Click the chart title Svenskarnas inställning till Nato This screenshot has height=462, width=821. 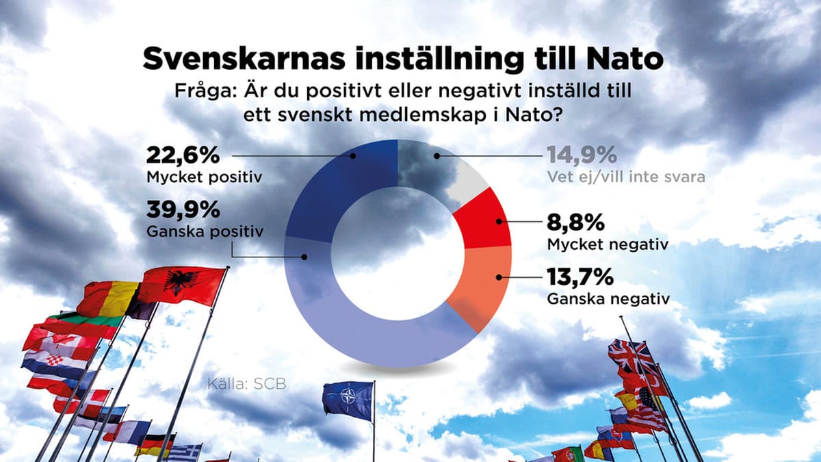(x=403, y=60)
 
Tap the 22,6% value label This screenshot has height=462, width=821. (x=183, y=155)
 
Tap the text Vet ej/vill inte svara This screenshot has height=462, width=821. (x=625, y=177)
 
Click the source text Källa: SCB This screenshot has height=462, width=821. (x=246, y=384)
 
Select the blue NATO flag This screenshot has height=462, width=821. (x=348, y=401)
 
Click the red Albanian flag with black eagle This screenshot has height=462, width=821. (x=183, y=284)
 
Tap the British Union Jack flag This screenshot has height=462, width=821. (x=629, y=355)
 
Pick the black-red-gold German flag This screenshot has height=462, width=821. (x=155, y=445)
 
